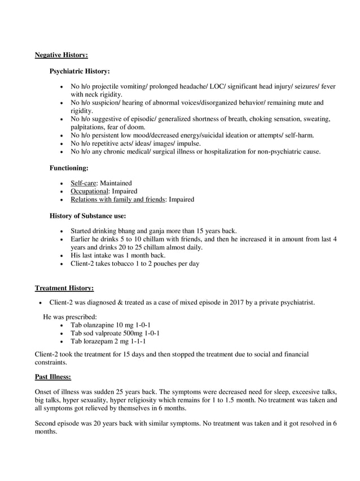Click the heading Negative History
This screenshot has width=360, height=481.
tap(61, 55)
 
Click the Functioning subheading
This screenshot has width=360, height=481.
tap(69, 168)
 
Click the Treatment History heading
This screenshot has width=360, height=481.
tap(64, 288)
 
